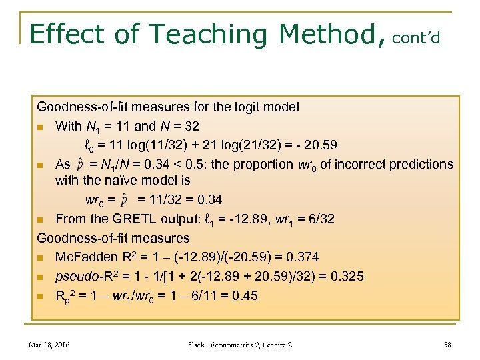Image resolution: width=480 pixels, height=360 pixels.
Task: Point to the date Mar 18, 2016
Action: pyautogui.click(x=50, y=345)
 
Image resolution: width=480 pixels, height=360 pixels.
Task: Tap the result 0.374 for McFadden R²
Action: pyautogui.click(x=300, y=257)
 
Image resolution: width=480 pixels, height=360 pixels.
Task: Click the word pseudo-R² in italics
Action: pyautogui.click(x=85, y=276)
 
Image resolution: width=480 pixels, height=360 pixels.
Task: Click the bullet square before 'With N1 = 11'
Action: pyautogui.click(x=41, y=127)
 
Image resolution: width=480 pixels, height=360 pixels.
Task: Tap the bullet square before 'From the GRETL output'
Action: pyautogui.click(x=41, y=219)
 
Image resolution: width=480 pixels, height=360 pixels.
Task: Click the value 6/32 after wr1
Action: pyautogui.click(x=318, y=219)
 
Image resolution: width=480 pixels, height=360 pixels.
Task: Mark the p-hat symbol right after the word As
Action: pyautogui.click(x=81, y=165)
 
